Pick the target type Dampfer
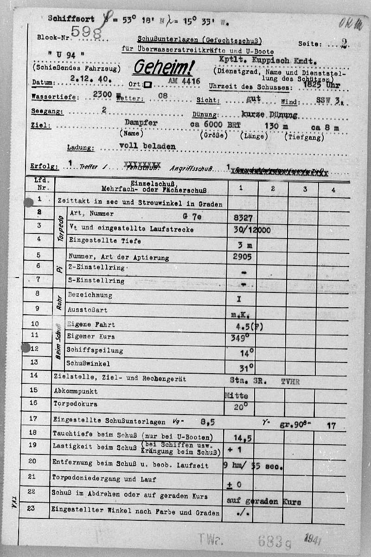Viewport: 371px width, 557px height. pyautogui.click(x=141, y=123)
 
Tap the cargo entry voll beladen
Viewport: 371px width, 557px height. pyautogui.click(x=147, y=146)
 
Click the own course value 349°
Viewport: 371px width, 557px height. pyautogui.click(x=240, y=337)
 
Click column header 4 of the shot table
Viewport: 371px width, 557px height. pyautogui.click(x=333, y=189)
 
